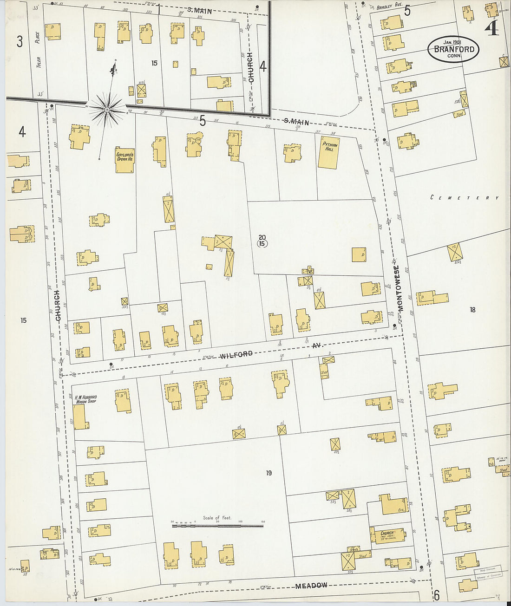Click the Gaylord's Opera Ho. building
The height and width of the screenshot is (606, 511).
pos(125,160)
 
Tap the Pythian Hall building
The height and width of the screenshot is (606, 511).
pos(329,152)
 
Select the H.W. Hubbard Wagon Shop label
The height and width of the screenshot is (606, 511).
pos(85,399)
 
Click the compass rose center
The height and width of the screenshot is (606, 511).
pos(107,110)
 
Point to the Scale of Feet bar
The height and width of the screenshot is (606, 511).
pos(217,526)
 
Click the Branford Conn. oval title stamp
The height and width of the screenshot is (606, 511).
pos(453,49)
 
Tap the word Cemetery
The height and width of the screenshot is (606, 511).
pos(464,198)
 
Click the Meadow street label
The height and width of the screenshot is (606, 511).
pos(311,586)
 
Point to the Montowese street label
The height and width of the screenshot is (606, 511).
pos(398,288)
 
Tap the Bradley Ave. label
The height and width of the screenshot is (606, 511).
pos(388,7)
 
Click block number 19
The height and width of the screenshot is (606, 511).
pos(269,473)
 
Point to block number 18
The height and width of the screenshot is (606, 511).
pos(472,310)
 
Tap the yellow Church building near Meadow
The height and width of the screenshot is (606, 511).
pos(387,534)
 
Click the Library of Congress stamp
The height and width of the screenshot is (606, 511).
pos(487,573)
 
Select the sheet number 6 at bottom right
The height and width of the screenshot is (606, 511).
pos(436,595)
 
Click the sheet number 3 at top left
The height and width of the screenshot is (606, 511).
pos(20,42)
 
